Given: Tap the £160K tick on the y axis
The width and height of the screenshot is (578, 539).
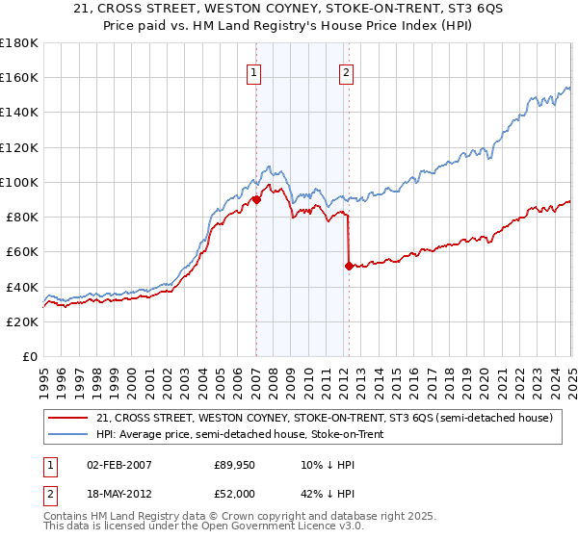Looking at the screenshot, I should pos(19,77).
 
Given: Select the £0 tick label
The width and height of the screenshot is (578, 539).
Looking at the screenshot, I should pos(30,357).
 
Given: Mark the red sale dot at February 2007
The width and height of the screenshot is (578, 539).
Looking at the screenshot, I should pos(256,199).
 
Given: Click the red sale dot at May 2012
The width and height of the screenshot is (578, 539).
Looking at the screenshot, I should pos(349,266).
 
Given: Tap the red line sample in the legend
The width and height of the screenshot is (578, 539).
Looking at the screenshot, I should pos(68,418).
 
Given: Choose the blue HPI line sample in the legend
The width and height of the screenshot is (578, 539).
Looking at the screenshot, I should pos(68,435).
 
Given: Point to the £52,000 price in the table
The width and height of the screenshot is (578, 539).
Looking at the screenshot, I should pos(235,494).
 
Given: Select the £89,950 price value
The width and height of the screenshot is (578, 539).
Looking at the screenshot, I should pos(235,466).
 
